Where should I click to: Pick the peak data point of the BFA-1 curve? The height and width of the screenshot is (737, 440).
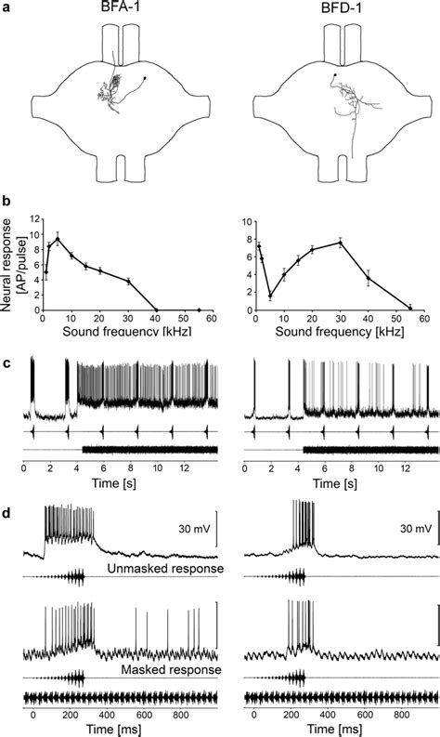pyautogui.click(x=58, y=238)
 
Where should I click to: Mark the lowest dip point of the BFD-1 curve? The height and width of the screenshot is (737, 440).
pyautogui.click(x=269, y=296)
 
